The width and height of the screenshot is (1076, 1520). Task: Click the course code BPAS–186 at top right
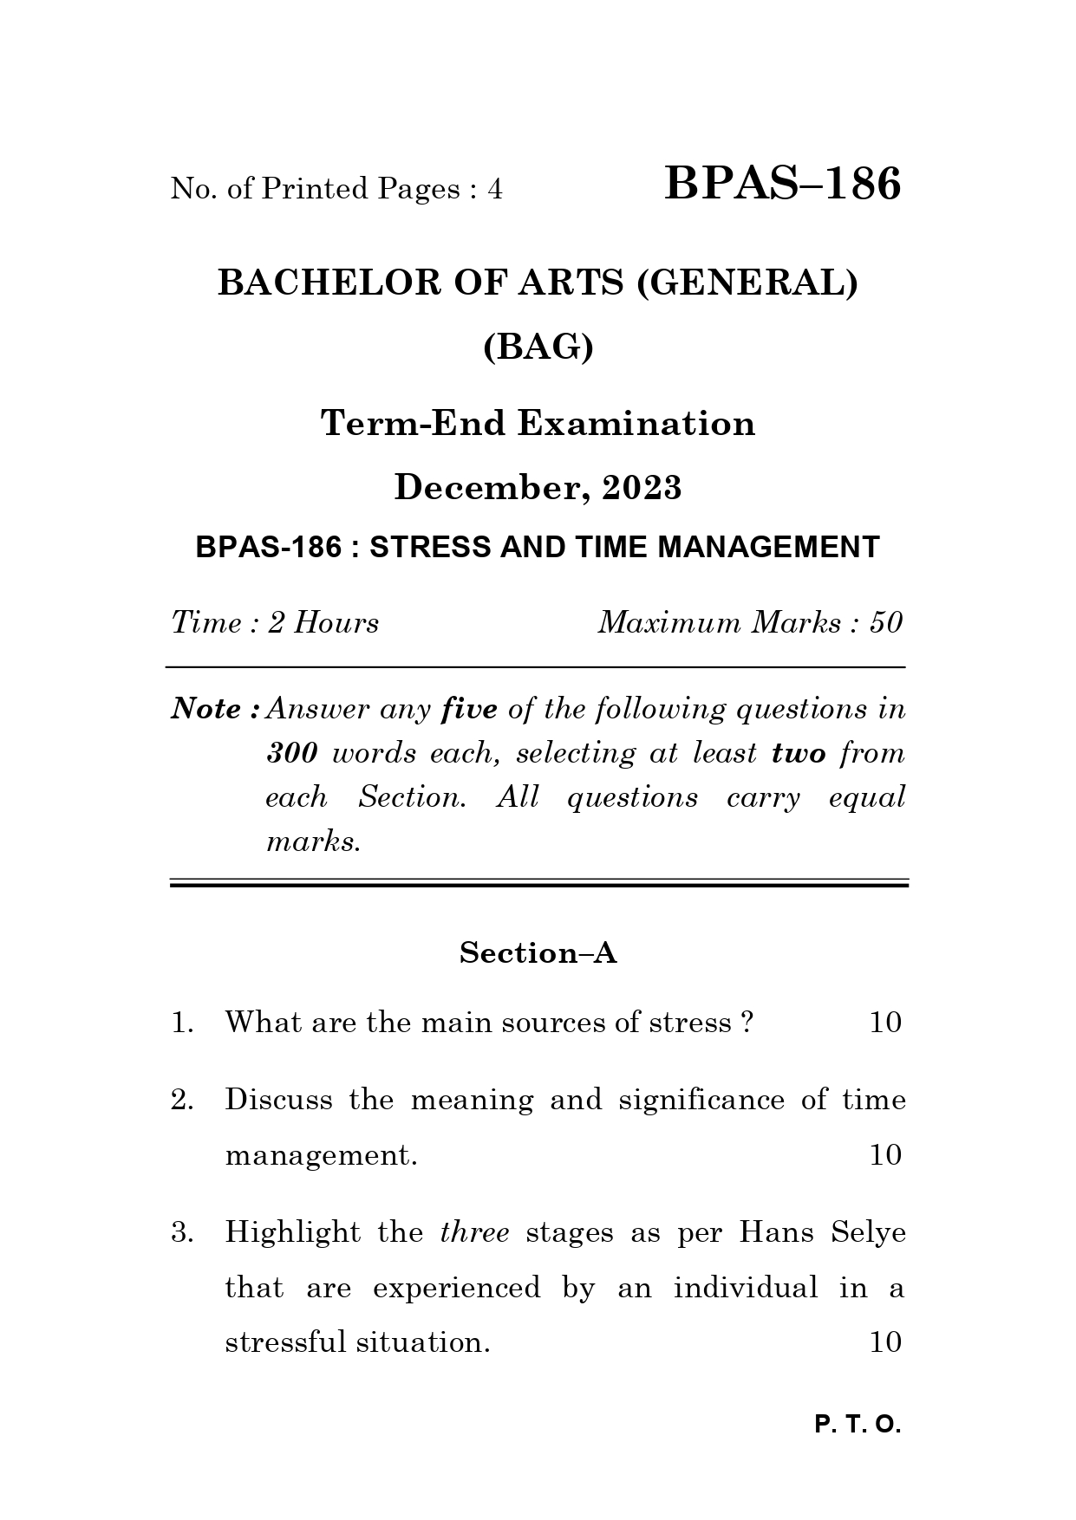coord(782,185)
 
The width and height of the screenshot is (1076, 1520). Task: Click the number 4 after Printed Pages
coord(495,189)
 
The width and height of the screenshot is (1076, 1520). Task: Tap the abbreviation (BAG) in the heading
coord(538,348)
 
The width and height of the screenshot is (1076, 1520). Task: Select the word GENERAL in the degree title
coord(747,283)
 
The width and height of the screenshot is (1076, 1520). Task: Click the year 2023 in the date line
coord(642,489)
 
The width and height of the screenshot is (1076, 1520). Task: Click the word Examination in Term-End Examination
coord(636,424)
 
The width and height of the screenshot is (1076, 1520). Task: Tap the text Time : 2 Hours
coord(275,623)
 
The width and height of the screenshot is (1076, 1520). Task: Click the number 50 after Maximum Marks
coord(886,623)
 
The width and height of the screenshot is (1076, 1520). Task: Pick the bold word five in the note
coord(469,710)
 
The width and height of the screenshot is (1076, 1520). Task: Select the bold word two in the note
coord(799,753)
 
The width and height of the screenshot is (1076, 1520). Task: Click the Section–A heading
coord(538,953)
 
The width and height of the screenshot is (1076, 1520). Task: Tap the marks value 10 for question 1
coord(885,1023)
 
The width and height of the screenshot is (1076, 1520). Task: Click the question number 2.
coord(180,1101)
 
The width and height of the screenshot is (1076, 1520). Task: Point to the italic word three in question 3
coord(474,1232)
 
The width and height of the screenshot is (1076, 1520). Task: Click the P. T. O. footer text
coord(858,1425)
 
